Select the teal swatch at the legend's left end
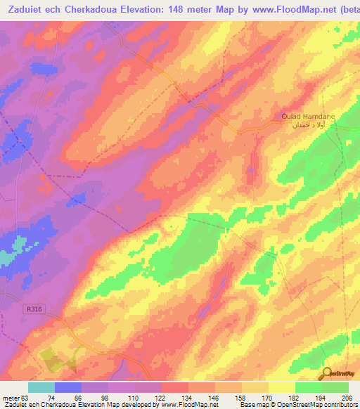(x=41, y=388)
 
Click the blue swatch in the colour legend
(x=68, y=388)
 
